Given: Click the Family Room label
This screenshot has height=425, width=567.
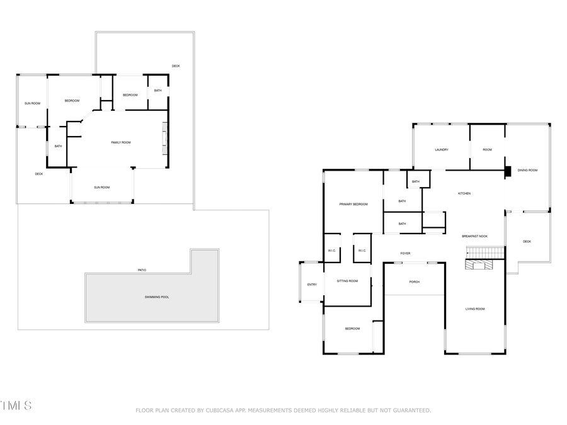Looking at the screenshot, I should click(x=121, y=143).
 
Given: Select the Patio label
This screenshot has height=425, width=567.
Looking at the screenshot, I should click(x=142, y=270).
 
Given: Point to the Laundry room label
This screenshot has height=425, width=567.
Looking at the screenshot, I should click(x=441, y=150).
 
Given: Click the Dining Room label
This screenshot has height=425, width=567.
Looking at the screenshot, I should click(x=527, y=170).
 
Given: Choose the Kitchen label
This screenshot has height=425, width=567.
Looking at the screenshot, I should click(x=464, y=193).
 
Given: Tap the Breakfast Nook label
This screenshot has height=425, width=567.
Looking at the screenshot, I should click(x=474, y=236).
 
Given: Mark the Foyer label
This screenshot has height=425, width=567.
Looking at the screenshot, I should click(x=405, y=254).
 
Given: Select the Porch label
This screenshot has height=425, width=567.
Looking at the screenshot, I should click(x=414, y=281).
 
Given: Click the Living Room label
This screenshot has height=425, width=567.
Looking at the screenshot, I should click(x=474, y=309).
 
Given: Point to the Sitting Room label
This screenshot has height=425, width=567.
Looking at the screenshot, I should click(x=347, y=281).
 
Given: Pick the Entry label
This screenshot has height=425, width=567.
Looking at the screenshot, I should click(x=312, y=285).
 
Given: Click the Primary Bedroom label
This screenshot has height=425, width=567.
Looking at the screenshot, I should click(x=353, y=205).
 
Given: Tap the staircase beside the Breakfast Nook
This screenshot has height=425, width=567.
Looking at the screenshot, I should click(x=485, y=252).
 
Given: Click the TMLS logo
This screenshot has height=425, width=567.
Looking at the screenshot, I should click(x=16, y=405).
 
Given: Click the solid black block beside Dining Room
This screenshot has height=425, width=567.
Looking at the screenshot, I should click(x=508, y=172).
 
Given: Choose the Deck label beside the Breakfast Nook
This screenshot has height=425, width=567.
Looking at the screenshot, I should click(x=527, y=242).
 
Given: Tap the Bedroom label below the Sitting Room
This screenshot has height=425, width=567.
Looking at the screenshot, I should click(x=352, y=329).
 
